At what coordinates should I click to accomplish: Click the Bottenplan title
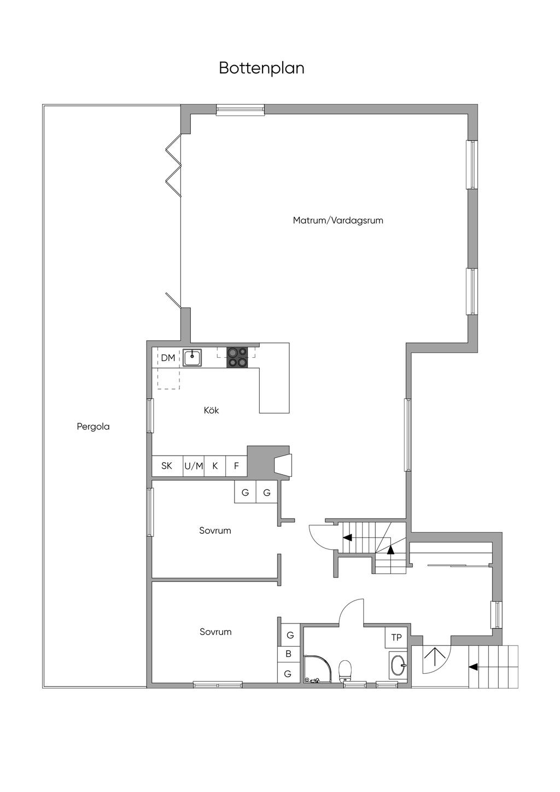[261, 68]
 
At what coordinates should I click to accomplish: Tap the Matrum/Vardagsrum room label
[338, 220]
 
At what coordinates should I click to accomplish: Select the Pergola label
[94, 427]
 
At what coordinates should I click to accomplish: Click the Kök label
[212, 410]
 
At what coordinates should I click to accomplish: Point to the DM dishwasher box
[167, 358]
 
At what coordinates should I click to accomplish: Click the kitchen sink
[192, 358]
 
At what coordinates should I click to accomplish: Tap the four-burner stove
[237, 358]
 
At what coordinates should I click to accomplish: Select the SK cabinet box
[167, 466]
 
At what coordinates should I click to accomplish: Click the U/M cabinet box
[194, 466]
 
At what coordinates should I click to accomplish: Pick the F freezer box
[236, 466]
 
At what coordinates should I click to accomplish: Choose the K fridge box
[215, 466]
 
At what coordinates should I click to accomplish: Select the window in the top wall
[241, 109]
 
